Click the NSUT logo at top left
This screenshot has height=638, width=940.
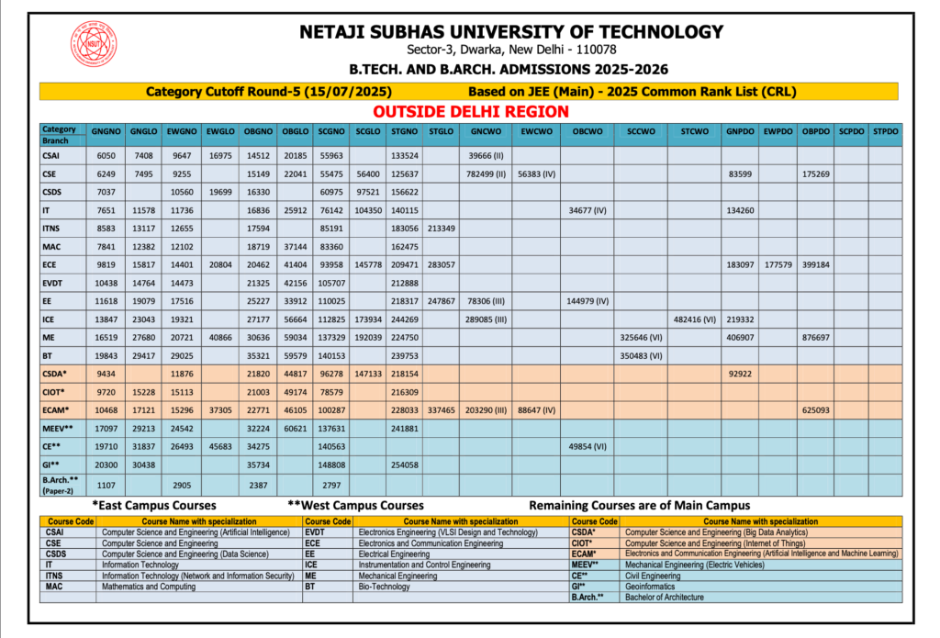pyautogui.click(x=94, y=45)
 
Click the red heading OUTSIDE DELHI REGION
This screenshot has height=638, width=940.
pyautogui.click(x=470, y=111)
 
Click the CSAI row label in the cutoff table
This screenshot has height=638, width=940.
pyautogui.click(x=54, y=156)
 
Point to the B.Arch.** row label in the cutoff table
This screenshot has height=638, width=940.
pyautogui.click(x=61, y=484)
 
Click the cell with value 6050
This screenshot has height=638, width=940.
pyautogui.click(x=106, y=156)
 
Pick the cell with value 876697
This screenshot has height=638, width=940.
pyautogui.click(x=815, y=338)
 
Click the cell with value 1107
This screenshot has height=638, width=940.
pyautogui.click(x=106, y=484)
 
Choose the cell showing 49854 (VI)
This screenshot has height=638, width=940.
pyautogui.click(x=587, y=446)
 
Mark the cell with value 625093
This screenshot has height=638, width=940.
pyautogui.click(x=815, y=410)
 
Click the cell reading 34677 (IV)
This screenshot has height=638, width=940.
pyautogui.click(x=587, y=210)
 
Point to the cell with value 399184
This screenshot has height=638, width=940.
pyautogui.click(x=815, y=264)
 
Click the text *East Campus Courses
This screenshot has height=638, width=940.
pyautogui.click(x=154, y=506)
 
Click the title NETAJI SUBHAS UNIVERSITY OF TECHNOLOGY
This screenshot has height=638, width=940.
pyautogui.click(x=510, y=32)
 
